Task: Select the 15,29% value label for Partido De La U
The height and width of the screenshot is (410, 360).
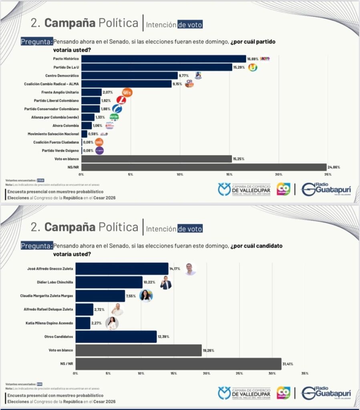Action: (240, 67)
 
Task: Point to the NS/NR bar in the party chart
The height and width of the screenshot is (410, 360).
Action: (204, 167)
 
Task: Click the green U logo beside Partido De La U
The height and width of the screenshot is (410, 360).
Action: (253, 67)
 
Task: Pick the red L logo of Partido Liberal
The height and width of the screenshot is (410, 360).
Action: (121, 100)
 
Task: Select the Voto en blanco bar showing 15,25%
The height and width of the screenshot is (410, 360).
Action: (157, 159)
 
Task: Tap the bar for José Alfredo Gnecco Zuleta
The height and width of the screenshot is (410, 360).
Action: (122, 269)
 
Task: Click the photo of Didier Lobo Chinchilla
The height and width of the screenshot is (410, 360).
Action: (166, 283)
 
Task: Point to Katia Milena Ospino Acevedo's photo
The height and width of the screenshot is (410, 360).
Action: (112, 323)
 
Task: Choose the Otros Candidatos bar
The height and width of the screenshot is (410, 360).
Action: (116, 337)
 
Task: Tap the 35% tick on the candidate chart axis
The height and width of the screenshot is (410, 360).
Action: (305, 373)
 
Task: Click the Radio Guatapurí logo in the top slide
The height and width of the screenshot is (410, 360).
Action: (326, 189)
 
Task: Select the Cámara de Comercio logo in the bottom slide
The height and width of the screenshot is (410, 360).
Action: (244, 393)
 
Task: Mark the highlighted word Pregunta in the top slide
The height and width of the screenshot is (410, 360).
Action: (36, 42)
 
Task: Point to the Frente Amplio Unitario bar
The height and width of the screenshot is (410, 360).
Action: (91, 92)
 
